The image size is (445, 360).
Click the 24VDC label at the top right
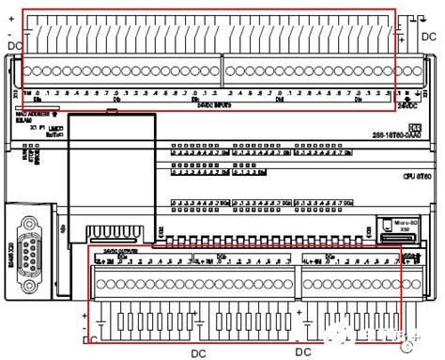click(x=412, y=106)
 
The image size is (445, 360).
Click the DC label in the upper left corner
click(x=15, y=44)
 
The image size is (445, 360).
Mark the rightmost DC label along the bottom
click(x=303, y=352)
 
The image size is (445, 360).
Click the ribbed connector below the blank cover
click(x=112, y=232)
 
